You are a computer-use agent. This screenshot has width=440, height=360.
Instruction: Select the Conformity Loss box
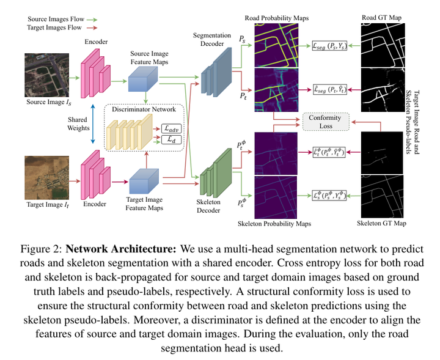(325, 121)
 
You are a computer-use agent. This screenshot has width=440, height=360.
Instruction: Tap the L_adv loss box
(174, 129)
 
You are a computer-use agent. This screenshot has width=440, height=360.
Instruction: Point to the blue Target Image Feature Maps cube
(142, 180)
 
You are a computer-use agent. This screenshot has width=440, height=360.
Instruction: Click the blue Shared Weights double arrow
(92, 124)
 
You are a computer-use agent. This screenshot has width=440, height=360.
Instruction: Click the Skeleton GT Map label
(381, 224)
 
